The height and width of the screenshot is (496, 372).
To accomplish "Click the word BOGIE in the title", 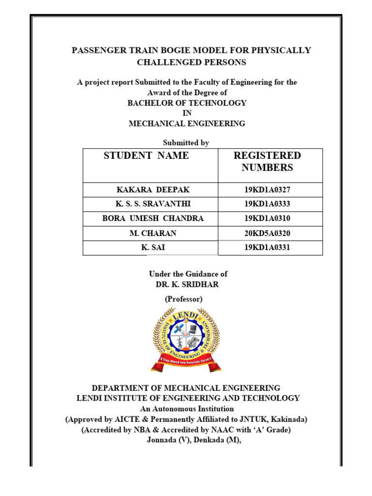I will tap(169, 50).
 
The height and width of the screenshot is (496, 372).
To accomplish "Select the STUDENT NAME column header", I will tap(146, 155).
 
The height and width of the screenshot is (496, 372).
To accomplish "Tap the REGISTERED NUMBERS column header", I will tap(267, 161).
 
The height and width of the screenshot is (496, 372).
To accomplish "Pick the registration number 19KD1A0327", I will tap(267, 190).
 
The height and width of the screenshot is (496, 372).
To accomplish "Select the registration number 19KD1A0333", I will tap(267, 204).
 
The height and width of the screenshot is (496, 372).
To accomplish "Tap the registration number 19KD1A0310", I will tap(267, 218).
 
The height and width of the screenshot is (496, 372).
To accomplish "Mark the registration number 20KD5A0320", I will tap(267, 233).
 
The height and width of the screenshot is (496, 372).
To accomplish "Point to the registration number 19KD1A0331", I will tap(267, 248).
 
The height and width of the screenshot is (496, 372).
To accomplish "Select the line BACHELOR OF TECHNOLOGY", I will tap(187, 103).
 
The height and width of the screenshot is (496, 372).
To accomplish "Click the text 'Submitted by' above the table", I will tap(186, 142).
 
